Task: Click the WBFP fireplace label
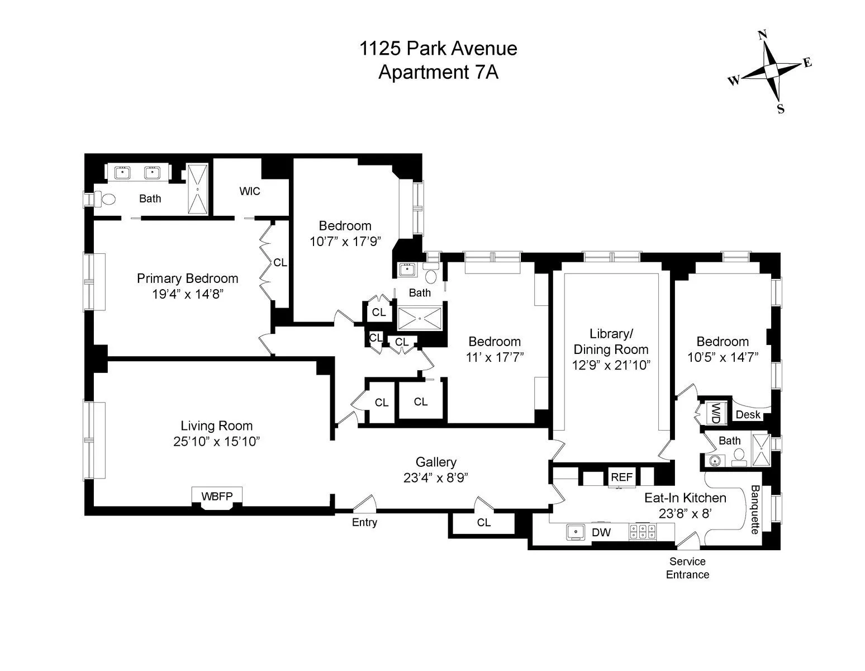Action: click(x=216, y=496)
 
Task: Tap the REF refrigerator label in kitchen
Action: click(x=621, y=477)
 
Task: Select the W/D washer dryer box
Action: click(x=715, y=413)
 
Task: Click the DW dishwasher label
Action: click(x=601, y=533)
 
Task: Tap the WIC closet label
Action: click(x=250, y=191)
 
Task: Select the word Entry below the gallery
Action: click(x=364, y=523)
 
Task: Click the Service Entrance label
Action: click(x=687, y=568)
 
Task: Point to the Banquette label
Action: click(x=754, y=509)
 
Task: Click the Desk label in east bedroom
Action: click(x=748, y=415)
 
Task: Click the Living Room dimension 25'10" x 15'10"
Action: click(x=216, y=441)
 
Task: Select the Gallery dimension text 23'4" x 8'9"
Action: click(x=435, y=478)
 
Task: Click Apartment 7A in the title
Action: click(x=438, y=73)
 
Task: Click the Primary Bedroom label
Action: click(x=188, y=278)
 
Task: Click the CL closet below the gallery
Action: click(x=484, y=523)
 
